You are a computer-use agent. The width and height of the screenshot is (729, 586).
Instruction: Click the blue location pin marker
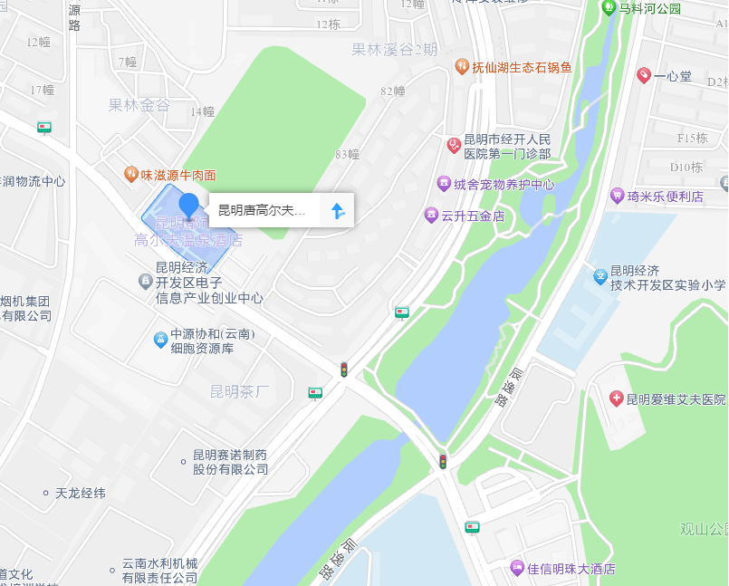[188, 205]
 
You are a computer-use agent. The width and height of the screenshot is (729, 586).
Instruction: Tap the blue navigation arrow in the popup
[338, 211]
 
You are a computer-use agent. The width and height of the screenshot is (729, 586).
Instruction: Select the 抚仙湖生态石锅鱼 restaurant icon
[462, 67]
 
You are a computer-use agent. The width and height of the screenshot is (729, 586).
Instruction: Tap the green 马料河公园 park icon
[609, 7]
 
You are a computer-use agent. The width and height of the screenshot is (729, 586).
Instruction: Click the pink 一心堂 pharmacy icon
[644, 75]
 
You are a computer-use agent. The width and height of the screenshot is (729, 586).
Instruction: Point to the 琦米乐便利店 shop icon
[618, 196]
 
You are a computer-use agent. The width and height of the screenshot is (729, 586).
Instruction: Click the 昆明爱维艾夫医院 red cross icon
[617, 399]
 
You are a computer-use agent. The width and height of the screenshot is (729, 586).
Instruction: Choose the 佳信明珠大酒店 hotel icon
[517, 568]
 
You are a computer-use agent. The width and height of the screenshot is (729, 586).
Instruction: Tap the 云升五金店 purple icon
[431, 216]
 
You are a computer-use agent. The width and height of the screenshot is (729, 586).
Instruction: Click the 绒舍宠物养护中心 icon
[444, 184]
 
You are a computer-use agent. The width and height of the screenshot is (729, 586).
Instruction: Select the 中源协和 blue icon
[160, 340]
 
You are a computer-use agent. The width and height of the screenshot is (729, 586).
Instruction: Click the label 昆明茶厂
[240, 391]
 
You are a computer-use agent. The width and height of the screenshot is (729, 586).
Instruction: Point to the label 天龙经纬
[81, 494]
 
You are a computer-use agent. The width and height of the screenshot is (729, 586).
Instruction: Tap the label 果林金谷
[139, 105]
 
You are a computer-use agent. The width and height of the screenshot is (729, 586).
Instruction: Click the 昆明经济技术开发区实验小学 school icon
[600, 277]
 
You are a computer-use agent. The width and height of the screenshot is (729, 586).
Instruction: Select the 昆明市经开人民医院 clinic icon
[454, 145]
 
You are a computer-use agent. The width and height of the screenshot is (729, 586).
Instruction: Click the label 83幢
[347, 154]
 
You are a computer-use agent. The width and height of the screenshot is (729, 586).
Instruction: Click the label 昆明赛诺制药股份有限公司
[230, 462]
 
